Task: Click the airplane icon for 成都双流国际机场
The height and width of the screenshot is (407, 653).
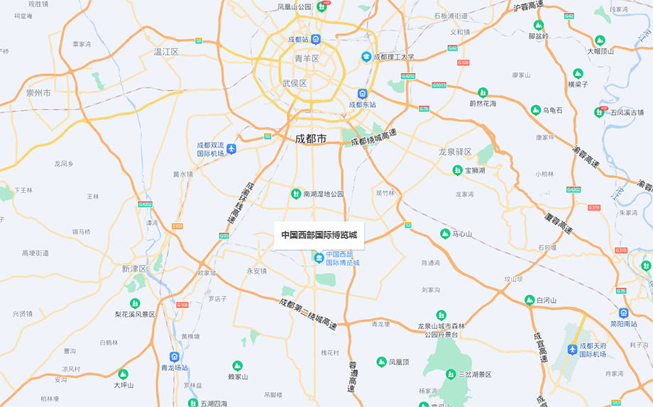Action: click(x=231, y=149)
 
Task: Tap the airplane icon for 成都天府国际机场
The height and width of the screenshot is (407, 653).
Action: click(x=573, y=350)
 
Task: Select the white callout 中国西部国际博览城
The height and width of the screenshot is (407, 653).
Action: click(x=319, y=235)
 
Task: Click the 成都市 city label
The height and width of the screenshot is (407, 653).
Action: click(x=311, y=139)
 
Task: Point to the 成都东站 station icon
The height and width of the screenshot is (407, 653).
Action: click(x=362, y=94)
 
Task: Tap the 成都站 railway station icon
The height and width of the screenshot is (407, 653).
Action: click(x=316, y=39)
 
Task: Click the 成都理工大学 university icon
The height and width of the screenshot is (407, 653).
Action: click(x=366, y=57)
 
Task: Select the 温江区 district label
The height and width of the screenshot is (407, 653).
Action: click(x=166, y=52)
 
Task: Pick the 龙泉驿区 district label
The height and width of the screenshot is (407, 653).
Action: click(x=455, y=152)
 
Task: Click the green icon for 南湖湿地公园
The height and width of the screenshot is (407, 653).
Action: click(x=295, y=194)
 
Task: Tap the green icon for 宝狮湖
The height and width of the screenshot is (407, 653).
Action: click(x=458, y=170)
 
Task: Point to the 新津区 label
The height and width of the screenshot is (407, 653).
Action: click(x=133, y=269)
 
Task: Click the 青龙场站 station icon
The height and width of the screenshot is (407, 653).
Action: click(x=174, y=357)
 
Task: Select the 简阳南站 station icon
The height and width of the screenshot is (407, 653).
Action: click(x=624, y=313)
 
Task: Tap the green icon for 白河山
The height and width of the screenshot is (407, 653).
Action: click(x=529, y=300)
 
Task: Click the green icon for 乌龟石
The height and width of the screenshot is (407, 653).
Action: click(x=536, y=110)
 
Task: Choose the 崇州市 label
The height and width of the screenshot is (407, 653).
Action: click(x=38, y=92)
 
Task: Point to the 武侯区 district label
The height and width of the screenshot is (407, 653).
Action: click(x=294, y=83)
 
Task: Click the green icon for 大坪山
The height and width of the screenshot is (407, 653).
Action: click(x=123, y=374)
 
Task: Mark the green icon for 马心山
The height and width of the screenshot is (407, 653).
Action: click(x=446, y=233)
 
